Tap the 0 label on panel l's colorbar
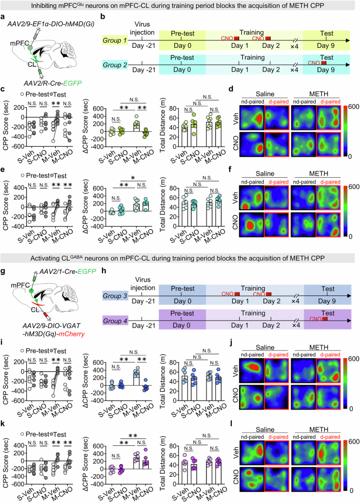(x=349, y=489)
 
